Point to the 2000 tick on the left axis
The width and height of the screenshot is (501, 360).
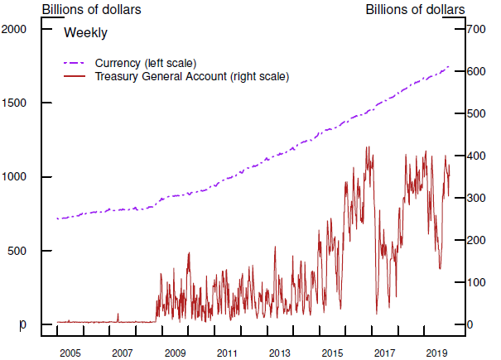point(17,29)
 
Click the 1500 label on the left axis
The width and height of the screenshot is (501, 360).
point(17,103)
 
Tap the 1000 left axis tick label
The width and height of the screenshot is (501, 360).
point(17,176)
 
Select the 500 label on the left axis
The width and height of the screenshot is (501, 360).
point(19,250)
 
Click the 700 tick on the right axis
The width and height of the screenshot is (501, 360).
point(475,29)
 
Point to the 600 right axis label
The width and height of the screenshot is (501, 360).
point(475,71)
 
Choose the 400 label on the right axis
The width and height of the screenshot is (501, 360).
point(475,156)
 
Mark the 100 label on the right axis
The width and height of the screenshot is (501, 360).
point(475,282)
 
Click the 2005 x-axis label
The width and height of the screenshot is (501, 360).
point(70,353)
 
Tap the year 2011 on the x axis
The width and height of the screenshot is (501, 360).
point(227,353)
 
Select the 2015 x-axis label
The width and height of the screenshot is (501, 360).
point(332,353)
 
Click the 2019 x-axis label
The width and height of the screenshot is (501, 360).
point(437,353)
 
